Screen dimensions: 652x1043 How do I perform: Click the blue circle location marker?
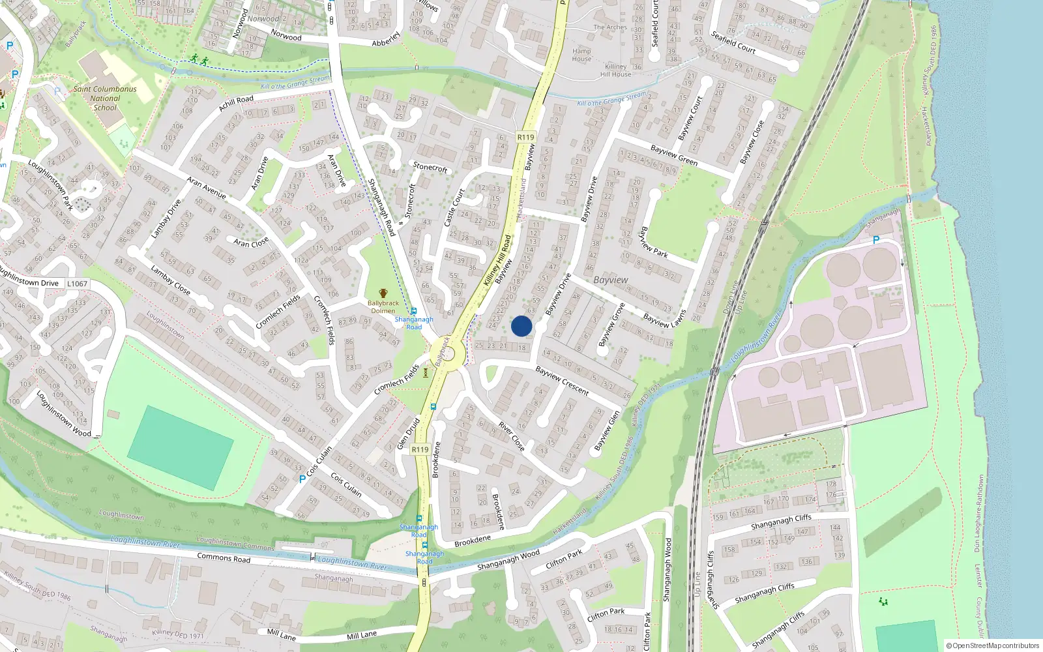pos(521,326)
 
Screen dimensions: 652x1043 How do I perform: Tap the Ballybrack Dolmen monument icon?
pos(383,293)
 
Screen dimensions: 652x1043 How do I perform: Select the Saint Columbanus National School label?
pos(105,98)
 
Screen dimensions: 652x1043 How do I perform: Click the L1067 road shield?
pos(77,284)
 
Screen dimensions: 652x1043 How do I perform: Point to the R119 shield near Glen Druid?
pos(420,450)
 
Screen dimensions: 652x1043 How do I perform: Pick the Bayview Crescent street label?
pos(562,381)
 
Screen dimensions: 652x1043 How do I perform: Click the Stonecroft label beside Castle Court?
pos(430,167)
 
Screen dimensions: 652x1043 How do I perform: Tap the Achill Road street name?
pos(236,103)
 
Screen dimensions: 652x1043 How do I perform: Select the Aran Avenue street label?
pos(206,188)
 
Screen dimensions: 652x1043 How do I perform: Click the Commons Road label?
pos(224,558)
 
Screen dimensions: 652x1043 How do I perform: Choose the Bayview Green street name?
pos(674,155)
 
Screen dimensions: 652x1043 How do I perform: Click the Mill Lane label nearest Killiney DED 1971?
pos(282,634)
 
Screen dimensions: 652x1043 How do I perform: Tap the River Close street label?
pos(512,436)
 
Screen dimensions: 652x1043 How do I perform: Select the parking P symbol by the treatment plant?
pos(875,240)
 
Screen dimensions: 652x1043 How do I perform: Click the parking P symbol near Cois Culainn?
pos(302,479)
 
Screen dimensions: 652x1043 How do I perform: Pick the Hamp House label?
pos(581,55)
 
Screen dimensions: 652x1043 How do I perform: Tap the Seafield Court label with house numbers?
pos(733,42)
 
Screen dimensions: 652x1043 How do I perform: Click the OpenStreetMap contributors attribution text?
pos(992,645)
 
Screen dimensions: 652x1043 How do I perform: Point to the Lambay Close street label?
pos(170,280)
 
